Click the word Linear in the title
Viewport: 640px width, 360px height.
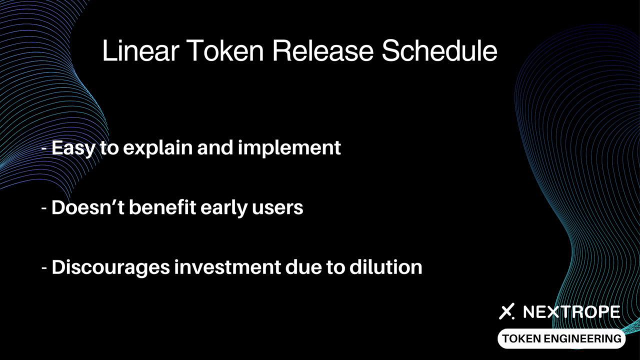pos(141,50)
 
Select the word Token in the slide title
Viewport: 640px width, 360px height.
pos(225,50)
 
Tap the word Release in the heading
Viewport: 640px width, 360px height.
pos(323,50)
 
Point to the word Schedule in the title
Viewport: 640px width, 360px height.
pos(439,50)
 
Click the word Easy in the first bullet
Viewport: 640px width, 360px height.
pos(73,148)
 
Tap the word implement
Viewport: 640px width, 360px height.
pos(289,148)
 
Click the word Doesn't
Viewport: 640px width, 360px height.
pos(87,207)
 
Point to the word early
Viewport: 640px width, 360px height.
pos(224,208)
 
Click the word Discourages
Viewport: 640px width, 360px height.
pos(110,268)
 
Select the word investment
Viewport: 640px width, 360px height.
pos(227,267)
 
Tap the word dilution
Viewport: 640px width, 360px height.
pos(385,267)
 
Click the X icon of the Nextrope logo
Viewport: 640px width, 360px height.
pos(506,311)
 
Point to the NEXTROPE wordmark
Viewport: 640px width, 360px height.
pos(571,311)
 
